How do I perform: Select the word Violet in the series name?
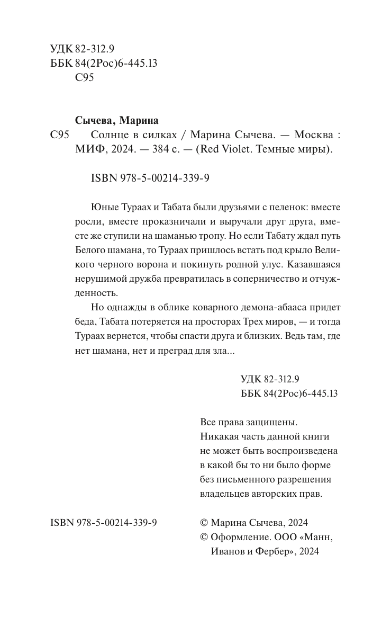(237, 149)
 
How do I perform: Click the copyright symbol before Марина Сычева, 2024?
(205, 522)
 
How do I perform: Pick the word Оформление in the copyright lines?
(239, 536)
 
